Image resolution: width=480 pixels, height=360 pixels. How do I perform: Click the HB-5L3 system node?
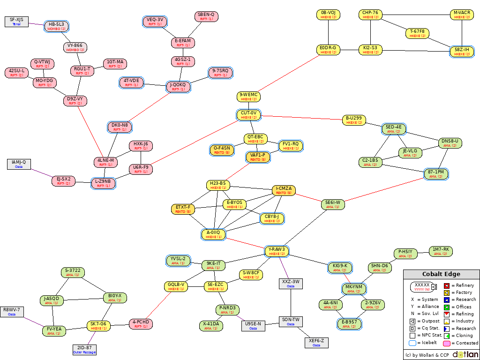coord(57,26)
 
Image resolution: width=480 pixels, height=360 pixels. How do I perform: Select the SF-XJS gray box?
coord(16,22)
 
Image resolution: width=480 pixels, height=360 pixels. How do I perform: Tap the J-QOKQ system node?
coord(178,87)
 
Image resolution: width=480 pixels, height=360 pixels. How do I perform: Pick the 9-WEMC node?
coord(249,97)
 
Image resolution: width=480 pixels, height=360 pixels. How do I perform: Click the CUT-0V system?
coord(249,115)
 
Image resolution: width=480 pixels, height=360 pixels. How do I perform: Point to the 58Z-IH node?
coord(462,52)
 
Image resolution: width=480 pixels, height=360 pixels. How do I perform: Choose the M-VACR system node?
coord(462,15)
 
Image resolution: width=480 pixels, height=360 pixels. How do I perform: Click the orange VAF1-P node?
coord(258,157)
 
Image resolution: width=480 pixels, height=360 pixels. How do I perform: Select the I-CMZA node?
coord(284,190)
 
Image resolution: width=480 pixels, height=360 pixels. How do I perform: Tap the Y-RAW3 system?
coord(277,251)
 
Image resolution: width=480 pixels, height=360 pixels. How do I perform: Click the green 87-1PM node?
coord(436,174)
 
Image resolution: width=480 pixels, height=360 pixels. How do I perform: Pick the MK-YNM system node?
coord(354,289)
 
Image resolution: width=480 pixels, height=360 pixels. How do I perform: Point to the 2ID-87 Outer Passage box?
coord(84,350)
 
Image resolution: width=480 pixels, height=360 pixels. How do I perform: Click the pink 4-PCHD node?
coord(141,324)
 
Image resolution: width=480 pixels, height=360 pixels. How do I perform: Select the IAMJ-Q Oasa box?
coord(19,164)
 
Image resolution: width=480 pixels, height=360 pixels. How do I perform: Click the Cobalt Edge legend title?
coord(441,274)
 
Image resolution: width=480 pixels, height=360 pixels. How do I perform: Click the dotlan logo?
coord(465,354)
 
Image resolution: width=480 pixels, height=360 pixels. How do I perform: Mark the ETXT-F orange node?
coord(183,209)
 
